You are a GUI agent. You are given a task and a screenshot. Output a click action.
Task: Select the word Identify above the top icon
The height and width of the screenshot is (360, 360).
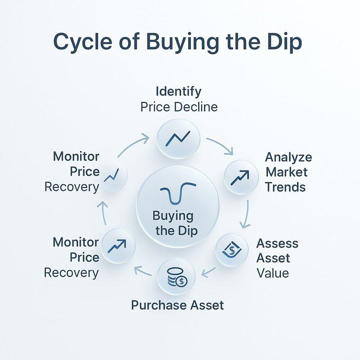pyautogui.click(x=178, y=91)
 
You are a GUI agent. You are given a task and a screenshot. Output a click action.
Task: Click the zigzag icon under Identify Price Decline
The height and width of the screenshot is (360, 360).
pyautogui.click(x=178, y=139)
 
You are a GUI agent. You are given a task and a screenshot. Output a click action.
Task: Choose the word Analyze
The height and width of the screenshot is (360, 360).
pyautogui.click(x=288, y=157)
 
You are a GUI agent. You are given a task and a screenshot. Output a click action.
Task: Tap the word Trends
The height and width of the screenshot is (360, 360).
pyautogui.click(x=285, y=187)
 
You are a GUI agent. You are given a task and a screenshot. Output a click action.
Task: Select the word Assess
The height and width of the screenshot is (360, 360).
pyautogui.click(x=277, y=243)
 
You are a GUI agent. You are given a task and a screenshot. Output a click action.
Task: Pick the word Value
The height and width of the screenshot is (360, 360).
pyautogui.click(x=273, y=273)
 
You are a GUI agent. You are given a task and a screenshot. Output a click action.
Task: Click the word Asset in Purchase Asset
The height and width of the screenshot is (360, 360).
pyautogui.click(x=205, y=305)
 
